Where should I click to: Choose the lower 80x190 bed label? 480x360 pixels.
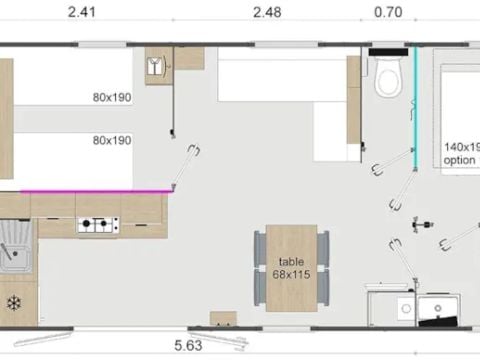[110, 141]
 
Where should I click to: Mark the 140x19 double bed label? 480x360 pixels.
[461, 146]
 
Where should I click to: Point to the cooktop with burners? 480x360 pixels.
[97, 225]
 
